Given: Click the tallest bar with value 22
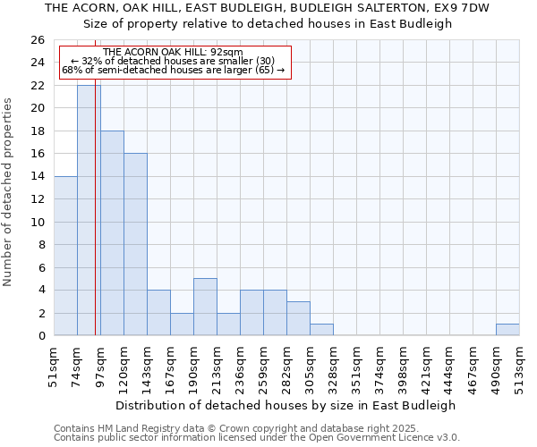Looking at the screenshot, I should tap(89, 210).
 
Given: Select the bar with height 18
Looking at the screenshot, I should tap(112, 232).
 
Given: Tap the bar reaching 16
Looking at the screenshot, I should tap(135, 244).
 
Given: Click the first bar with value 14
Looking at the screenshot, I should tap(65, 256).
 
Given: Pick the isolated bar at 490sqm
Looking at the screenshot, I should tap(507, 329).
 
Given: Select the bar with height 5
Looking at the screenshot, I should tap(205, 307).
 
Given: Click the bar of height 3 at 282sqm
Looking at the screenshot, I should tap(298, 318).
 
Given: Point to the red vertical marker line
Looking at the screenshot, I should tap(95, 223).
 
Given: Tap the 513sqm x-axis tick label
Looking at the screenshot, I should tap(520, 367).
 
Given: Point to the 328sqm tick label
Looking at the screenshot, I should tap(334, 367).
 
